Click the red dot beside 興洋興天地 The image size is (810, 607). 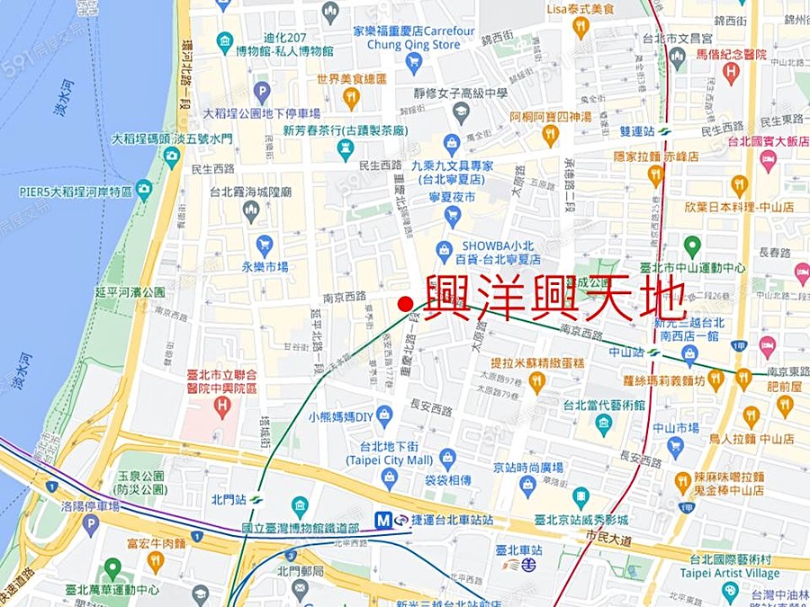click(405, 304)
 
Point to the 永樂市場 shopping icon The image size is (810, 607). click(264, 245)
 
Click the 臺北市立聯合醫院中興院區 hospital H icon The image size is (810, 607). click(222, 407)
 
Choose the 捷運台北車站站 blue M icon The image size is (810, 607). click(389, 520)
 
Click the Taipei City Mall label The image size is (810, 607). click(390, 460)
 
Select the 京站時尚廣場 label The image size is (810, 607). click(527, 468)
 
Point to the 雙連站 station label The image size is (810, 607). click(637, 129)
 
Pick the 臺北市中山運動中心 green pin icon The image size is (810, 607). click(691, 245)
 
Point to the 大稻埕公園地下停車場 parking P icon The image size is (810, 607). click(262, 92)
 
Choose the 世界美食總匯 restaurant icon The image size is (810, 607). click(351, 98)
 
